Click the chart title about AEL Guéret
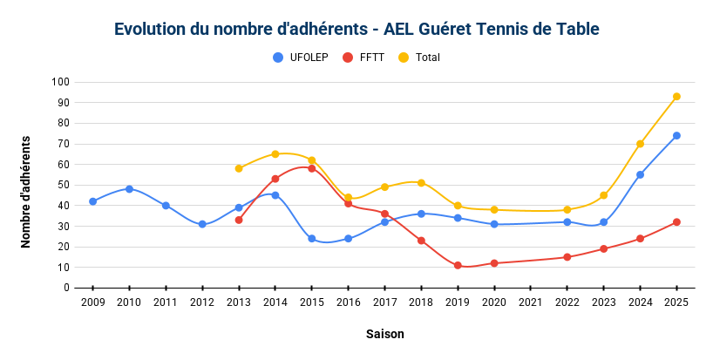click(356, 29)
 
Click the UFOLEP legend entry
click(300, 58)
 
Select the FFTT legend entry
click(363, 58)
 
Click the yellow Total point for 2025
click(676, 97)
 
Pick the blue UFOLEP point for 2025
click(676, 135)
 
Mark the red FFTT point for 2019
click(458, 266)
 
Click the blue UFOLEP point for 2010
click(129, 189)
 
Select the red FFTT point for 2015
click(311, 168)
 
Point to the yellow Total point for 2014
click(275, 154)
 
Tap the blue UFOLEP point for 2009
click(92, 201)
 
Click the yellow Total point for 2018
click(421, 183)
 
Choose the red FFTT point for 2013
click(239, 220)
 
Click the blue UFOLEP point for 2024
click(641, 174)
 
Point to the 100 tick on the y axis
click(60, 82)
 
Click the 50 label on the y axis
click(64, 185)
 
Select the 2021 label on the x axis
click(531, 302)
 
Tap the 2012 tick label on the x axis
click(202, 302)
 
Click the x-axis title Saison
click(384, 334)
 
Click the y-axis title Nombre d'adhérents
click(25, 192)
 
